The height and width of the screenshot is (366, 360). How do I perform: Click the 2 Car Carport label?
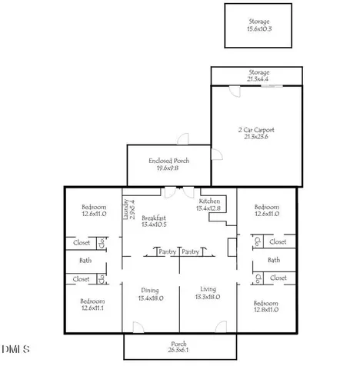pyautogui.click(x=256, y=130)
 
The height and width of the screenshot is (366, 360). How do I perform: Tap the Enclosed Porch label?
pyautogui.click(x=169, y=161)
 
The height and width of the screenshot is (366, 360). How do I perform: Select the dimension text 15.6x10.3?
pyautogui.click(x=259, y=28)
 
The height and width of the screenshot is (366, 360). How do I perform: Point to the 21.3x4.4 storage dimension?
pyautogui.click(x=258, y=79)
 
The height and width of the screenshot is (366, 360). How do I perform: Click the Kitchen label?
pyautogui.click(x=209, y=201)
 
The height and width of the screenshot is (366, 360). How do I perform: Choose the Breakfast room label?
pyautogui.click(x=154, y=218)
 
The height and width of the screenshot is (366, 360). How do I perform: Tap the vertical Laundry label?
pyautogui.click(x=126, y=209)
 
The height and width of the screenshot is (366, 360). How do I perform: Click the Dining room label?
pyautogui.click(x=150, y=291)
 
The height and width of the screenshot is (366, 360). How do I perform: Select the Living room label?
pyautogui.click(x=208, y=289)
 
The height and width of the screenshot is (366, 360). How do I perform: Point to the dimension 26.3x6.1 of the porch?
pyautogui.click(x=178, y=350)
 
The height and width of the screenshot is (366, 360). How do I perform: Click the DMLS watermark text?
pyautogui.click(x=15, y=349)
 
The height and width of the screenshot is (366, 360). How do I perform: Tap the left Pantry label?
pyautogui.click(x=168, y=251)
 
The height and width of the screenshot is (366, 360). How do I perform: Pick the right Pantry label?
pyautogui.click(x=191, y=251)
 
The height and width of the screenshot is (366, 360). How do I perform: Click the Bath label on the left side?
pyautogui.click(x=85, y=261)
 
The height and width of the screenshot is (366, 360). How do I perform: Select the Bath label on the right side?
pyautogui.click(x=274, y=260)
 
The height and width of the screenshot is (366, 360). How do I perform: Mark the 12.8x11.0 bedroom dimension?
pyautogui.click(x=266, y=310)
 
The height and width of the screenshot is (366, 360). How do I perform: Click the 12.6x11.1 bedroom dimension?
pyautogui.click(x=92, y=308)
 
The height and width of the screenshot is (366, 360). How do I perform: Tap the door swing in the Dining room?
pyautogui.click(x=138, y=328)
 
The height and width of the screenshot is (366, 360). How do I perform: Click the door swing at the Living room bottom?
pyautogui.click(x=221, y=327)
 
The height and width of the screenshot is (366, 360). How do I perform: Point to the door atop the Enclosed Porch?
pyautogui.click(x=183, y=139)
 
